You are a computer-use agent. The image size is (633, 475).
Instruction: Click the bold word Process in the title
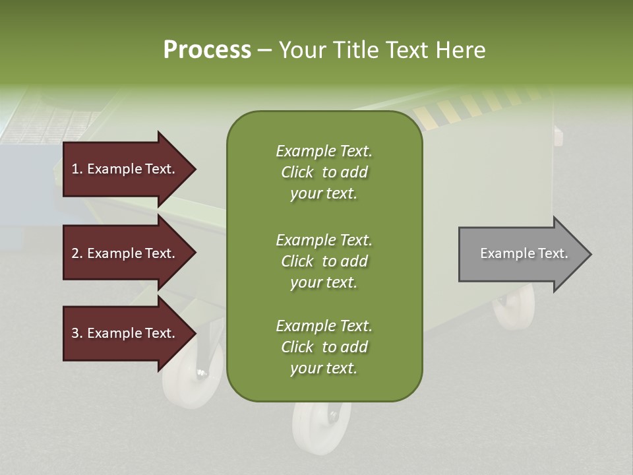pyautogui.click(x=207, y=50)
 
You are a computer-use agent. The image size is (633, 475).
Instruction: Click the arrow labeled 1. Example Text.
pyautogui.click(x=125, y=169)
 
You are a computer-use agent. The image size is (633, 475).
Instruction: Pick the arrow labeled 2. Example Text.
pyautogui.click(x=125, y=253)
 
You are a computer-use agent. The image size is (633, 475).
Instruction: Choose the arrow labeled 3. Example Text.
pyautogui.click(x=125, y=333)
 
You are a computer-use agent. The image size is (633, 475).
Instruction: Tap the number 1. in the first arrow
pyautogui.click(x=77, y=169)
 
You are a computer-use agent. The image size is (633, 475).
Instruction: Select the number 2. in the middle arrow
pyautogui.click(x=77, y=253)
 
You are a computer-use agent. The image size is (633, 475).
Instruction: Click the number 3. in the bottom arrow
pyautogui.click(x=77, y=333)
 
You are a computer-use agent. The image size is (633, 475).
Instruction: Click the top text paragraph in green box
pyautogui.click(x=324, y=172)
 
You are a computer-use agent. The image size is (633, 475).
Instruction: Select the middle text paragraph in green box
pyautogui.click(x=324, y=261)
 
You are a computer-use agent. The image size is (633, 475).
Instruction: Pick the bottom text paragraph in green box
pyautogui.click(x=324, y=347)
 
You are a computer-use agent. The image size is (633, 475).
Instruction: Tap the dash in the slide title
pyautogui.click(x=264, y=50)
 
